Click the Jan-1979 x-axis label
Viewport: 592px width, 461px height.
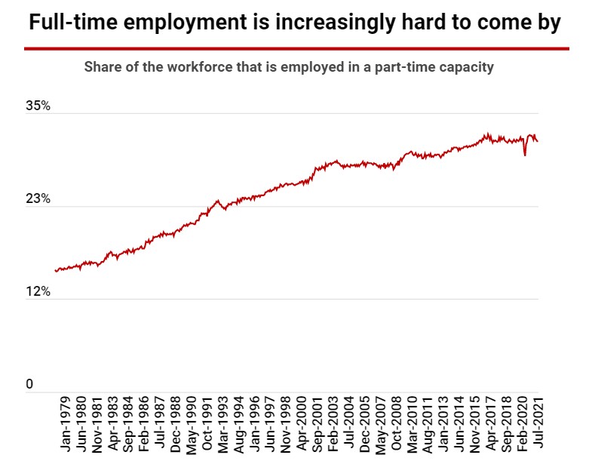67,423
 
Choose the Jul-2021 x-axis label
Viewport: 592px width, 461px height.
537,423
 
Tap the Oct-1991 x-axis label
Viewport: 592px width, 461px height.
207,423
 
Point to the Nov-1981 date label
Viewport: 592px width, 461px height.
98,423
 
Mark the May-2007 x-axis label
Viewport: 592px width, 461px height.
381,423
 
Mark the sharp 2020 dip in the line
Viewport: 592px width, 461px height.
524,155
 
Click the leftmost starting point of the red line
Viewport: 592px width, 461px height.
56,270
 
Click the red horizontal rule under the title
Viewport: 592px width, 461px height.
296,48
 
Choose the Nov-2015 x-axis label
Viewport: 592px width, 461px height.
475,423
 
